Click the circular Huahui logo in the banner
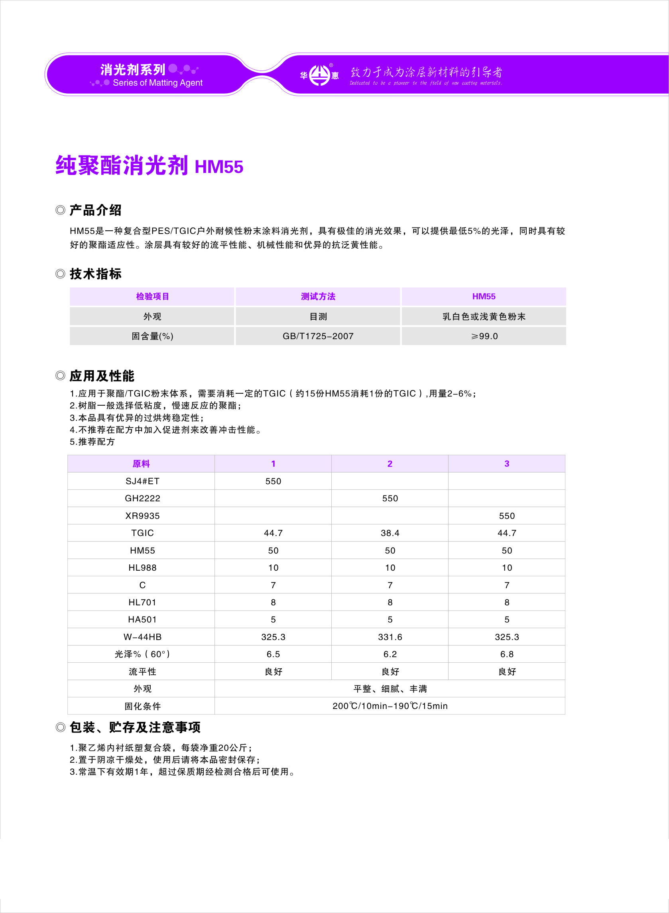click(x=319, y=75)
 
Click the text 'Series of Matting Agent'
click(x=157, y=83)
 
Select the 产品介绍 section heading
click(x=95, y=210)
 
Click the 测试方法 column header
click(x=318, y=296)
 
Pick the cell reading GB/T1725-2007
click(x=318, y=336)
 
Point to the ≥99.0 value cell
click(x=484, y=336)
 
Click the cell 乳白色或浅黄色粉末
click(x=484, y=316)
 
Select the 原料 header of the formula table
click(x=141, y=464)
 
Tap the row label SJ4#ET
click(x=142, y=481)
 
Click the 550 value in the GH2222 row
click(x=390, y=499)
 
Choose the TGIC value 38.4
click(x=390, y=533)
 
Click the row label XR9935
click(x=142, y=516)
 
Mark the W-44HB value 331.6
click(x=390, y=637)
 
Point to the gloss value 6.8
click(x=507, y=654)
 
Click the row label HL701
click(x=142, y=603)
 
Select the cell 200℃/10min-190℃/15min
click(x=390, y=706)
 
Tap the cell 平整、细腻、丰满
click(x=390, y=689)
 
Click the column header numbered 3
click(x=507, y=464)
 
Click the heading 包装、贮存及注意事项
click(x=135, y=727)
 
